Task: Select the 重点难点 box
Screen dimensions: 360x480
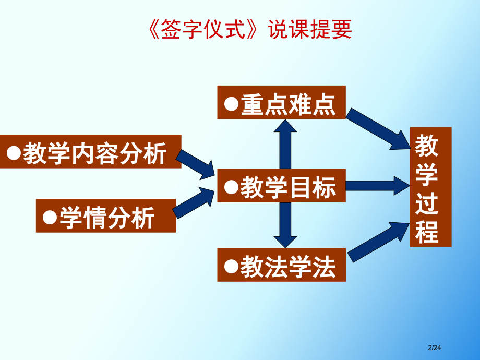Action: coord(281,102)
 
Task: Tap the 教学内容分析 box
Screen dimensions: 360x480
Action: coord(90,152)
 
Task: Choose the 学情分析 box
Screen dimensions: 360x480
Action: coord(105,215)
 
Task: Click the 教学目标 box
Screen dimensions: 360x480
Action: coord(281,186)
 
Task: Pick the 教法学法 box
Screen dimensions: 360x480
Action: coord(281,265)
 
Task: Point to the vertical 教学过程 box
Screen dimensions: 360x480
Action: coord(430,187)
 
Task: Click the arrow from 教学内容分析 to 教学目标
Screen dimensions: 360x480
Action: coord(197,164)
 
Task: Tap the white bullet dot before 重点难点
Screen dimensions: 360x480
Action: coord(231,103)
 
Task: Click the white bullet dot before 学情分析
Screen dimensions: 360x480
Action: coord(50,216)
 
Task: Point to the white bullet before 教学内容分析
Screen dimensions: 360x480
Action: coord(14,152)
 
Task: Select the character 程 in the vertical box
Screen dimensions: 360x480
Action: coord(427,232)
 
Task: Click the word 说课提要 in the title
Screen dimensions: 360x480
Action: coord(310,30)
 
